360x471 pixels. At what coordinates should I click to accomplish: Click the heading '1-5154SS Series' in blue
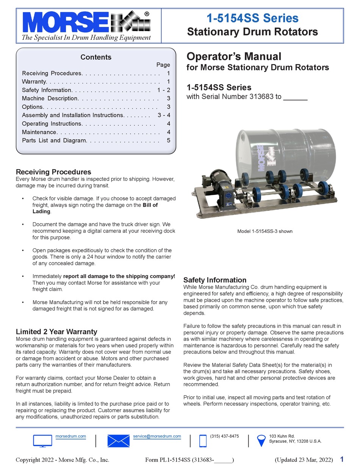[252, 18]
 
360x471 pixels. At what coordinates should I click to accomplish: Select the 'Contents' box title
[96, 57]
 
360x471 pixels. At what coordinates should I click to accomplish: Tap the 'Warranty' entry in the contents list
[34, 82]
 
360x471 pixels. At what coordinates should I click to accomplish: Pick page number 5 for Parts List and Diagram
[168, 140]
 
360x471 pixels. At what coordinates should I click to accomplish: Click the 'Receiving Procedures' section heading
[53, 172]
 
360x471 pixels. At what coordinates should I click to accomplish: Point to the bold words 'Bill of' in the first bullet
[150, 205]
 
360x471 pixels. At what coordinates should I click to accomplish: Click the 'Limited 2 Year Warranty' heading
[56, 331]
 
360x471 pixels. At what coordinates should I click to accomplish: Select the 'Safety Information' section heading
[215, 280]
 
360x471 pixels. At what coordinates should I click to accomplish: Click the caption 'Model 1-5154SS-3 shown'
[265, 231]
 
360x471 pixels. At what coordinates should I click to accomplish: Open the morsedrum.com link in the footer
[71, 436]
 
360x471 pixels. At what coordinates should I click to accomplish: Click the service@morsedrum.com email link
[157, 436]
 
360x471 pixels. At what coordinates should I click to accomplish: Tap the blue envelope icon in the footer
[118, 441]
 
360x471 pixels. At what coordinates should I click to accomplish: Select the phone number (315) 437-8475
[224, 436]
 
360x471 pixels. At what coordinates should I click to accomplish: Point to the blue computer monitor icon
[42, 441]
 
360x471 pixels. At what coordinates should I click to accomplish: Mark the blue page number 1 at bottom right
[341, 460]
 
